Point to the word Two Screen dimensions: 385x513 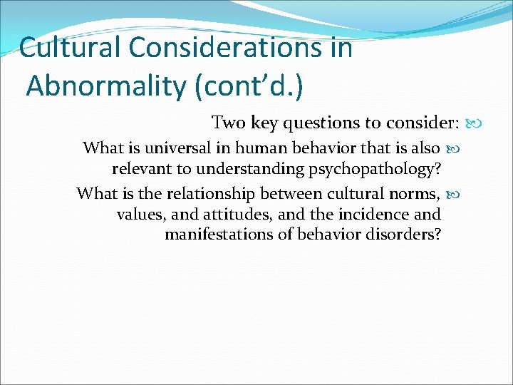(228, 123)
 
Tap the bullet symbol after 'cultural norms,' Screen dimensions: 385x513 (452, 194)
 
